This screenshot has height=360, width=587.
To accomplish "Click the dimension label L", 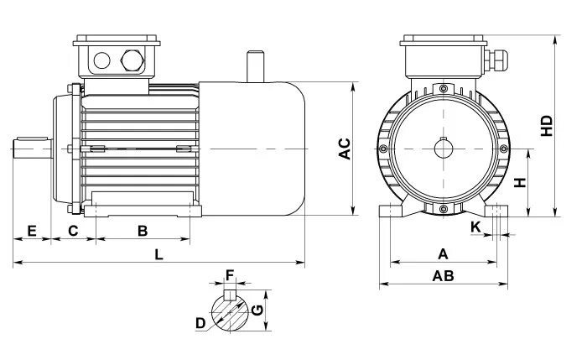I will (158, 253).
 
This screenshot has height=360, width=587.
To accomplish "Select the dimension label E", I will (32, 229).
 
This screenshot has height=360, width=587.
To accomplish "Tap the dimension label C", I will (73, 229).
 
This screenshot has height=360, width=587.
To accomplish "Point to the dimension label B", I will (143, 229).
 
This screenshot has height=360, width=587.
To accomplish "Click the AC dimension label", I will (344, 149).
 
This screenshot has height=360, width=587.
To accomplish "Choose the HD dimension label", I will (548, 126).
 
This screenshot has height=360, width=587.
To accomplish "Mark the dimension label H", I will (520, 182).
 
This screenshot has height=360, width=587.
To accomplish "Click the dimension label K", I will (476, 227).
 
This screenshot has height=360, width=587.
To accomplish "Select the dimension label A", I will (444, 253).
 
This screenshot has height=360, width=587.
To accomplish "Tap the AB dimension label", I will (443, 276).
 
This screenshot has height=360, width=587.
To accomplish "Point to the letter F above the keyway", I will (230, 274).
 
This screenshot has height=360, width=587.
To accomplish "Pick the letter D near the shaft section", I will (200, 323).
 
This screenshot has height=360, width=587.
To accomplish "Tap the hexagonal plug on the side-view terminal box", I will (132, 60).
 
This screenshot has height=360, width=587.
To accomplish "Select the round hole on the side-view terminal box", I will (101, 60).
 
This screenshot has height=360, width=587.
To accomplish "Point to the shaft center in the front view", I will (444, 149).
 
